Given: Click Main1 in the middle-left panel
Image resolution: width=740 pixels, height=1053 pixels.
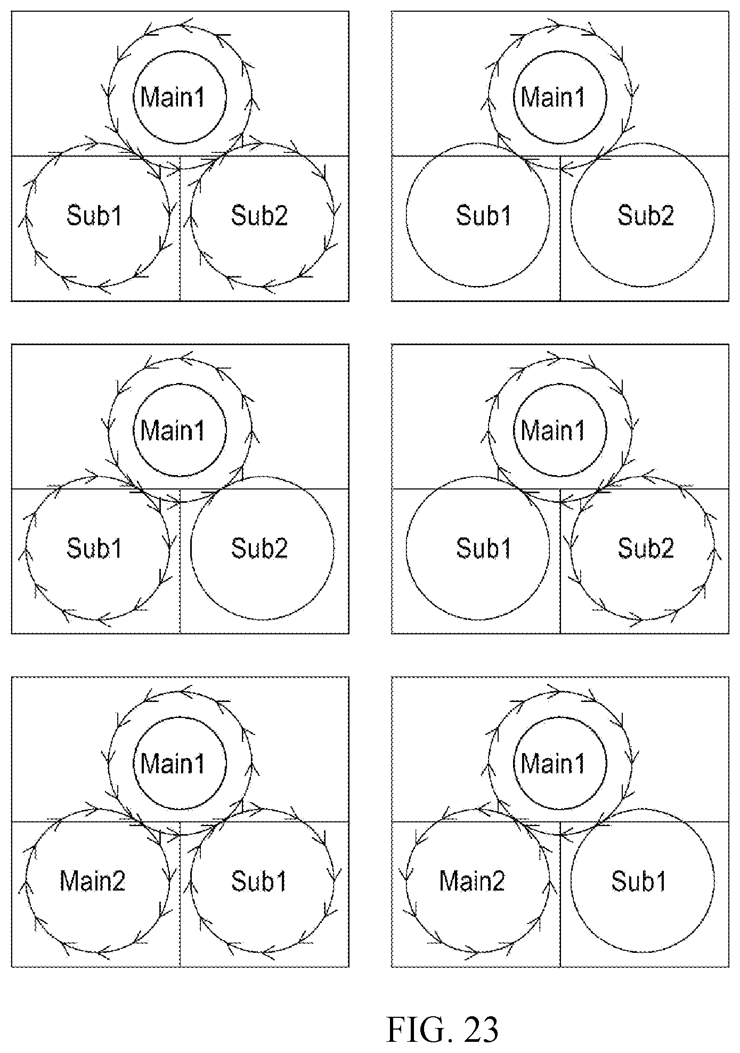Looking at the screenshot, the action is (x=173, y=430).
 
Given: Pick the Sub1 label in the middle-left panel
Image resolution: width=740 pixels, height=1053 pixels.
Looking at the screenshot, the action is (x=95, y=548).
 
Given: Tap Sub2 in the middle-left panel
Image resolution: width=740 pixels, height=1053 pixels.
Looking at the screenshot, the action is (x=259, y=548).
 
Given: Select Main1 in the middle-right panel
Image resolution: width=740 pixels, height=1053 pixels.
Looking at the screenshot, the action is (x=553, y=430).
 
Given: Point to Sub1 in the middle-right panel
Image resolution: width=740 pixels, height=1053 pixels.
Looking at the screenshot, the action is (x=484, y=548).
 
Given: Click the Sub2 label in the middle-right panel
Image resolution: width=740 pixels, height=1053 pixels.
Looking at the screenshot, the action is (x=646, y=548).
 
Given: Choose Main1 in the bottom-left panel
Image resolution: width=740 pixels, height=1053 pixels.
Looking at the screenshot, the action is (x=173, y=763).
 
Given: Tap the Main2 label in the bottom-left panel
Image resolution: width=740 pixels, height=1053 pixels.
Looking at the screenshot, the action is (x=92, y=881).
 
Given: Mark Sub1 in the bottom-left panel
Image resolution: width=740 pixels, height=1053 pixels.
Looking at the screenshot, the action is (x=259, y=881).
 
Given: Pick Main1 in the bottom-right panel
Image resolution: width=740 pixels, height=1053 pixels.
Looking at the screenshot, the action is (x=553, y=763).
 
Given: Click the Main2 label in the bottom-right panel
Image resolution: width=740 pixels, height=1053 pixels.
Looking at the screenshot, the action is (x=472, y=881).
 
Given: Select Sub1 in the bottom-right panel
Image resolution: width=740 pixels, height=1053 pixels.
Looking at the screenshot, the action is (x=639, y=881).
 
